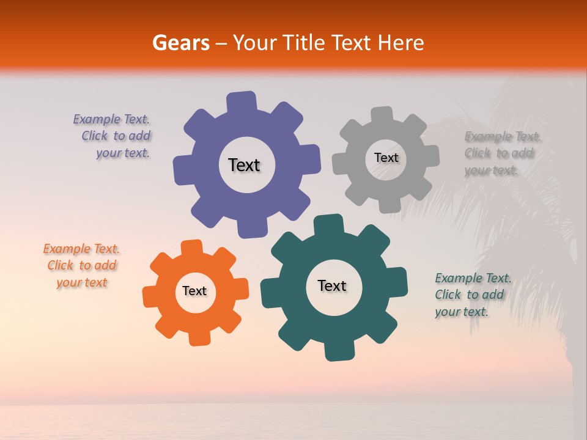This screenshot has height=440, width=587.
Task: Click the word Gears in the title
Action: (180, 43)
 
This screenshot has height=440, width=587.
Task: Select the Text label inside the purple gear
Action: (244, 165)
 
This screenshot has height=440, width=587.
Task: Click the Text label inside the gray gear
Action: (386, 158)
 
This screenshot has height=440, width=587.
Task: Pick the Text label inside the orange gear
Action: (194, 291)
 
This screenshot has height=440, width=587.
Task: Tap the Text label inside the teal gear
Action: (332, 285)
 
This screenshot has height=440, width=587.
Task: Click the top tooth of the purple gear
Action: (242, 101)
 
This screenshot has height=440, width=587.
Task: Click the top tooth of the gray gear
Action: (382, 115)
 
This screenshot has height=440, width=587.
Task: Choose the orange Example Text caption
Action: (82, 266)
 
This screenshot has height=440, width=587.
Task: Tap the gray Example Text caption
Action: (500, 153)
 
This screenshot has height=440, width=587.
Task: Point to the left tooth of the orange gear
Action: (150, 296)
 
